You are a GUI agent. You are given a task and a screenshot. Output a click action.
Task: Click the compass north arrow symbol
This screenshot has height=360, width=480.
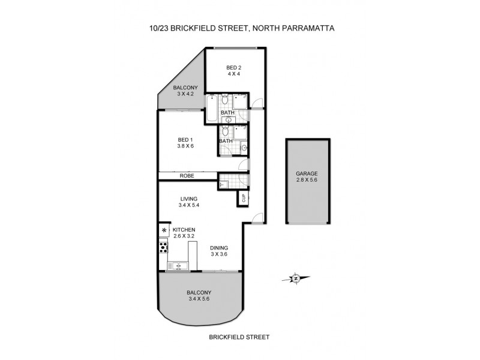(295, 278)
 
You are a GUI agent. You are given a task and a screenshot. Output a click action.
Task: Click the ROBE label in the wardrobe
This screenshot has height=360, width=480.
(187, 176)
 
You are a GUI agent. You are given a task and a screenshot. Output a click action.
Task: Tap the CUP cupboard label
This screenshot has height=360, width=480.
(244, 197)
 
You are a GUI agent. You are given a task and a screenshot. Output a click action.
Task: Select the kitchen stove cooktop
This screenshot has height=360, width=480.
(163, 246)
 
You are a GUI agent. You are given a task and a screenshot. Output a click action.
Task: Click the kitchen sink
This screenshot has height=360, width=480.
(179, 265)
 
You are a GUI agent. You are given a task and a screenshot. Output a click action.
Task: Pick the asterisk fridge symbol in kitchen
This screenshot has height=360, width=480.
(164, 230)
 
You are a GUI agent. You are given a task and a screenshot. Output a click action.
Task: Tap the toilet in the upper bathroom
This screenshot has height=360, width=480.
(224, 100)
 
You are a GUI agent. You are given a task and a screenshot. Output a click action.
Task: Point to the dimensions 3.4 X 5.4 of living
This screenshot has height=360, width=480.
(188, 205)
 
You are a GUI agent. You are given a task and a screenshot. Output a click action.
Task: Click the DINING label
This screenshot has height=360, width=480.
(219, 247)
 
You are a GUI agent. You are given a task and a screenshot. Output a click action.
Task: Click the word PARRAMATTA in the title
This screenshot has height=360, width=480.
(308, 28)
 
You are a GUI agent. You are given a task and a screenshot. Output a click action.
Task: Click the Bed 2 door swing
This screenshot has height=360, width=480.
(256, 103)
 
